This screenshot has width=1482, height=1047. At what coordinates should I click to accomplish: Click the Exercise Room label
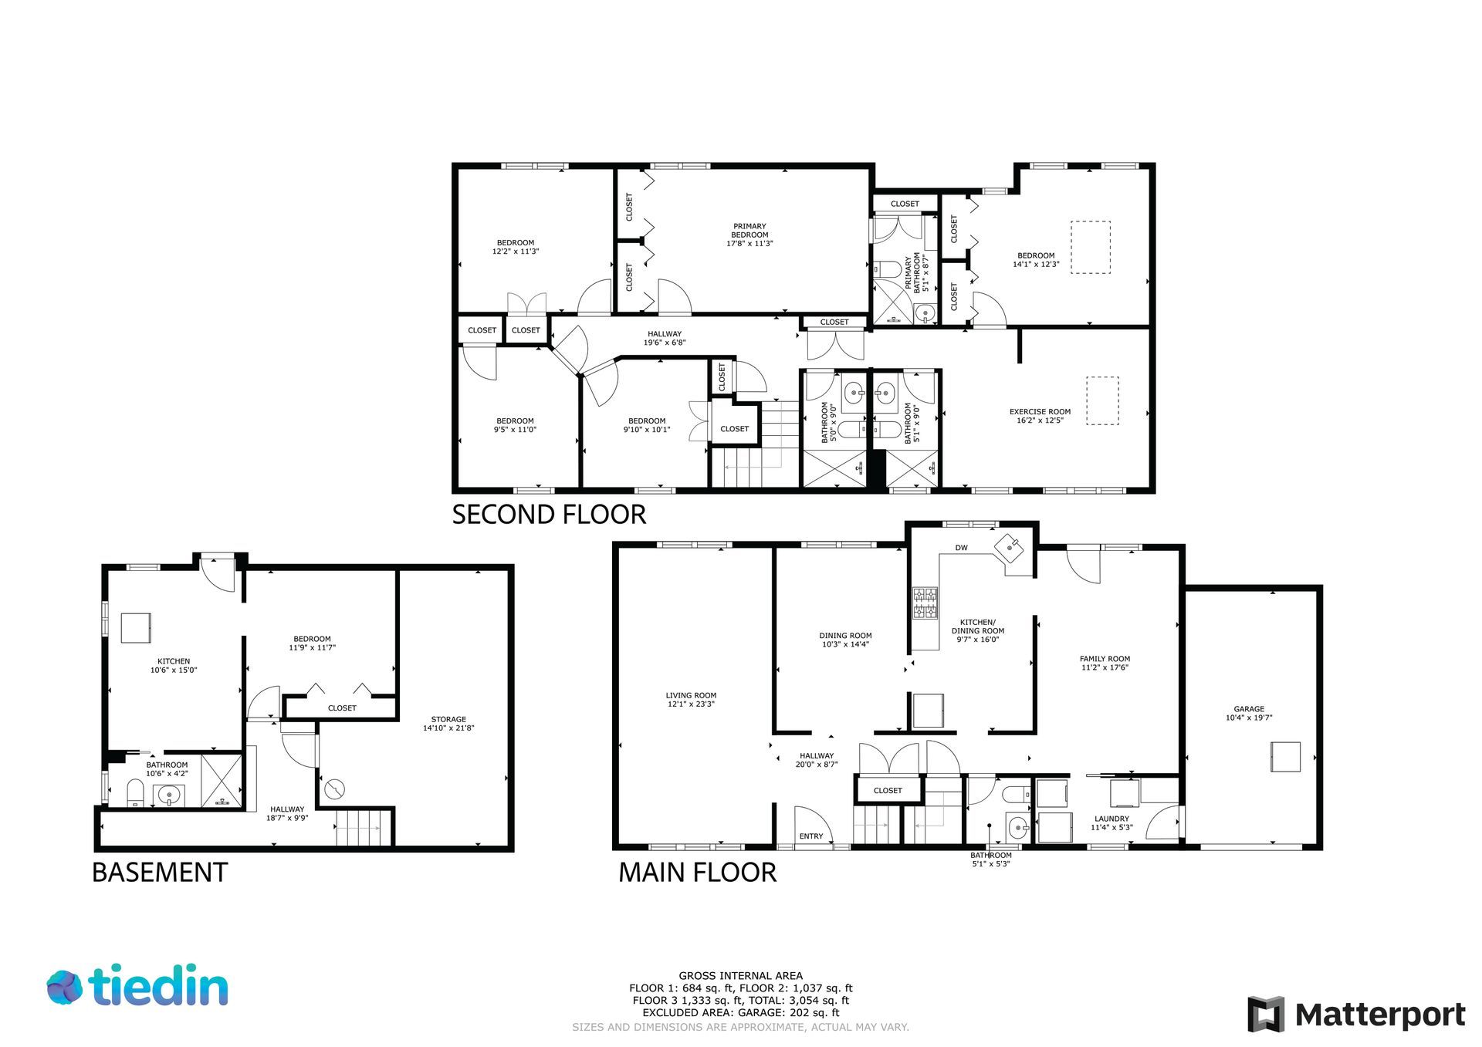(1040, 417)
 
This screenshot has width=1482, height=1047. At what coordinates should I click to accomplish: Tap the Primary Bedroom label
(749, 235)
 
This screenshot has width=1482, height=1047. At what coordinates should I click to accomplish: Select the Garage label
(1249, 713)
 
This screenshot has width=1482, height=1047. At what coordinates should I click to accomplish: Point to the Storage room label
(448, 724)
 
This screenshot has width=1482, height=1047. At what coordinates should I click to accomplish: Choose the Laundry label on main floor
(1111, 823)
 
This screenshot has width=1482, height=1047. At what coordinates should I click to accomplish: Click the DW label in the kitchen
(961, 548)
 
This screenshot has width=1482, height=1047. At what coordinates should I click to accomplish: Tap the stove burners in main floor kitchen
(925, 603)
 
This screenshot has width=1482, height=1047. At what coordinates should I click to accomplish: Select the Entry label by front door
(811, 836)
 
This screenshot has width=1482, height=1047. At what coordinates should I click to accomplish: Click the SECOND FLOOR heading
(549, 515)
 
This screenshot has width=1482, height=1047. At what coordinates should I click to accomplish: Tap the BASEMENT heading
(160, 873)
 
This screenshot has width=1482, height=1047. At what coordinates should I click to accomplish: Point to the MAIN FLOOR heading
(697, 873)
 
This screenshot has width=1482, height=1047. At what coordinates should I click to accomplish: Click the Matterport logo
(1356, 1015)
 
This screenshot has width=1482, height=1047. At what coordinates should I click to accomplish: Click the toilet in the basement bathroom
(136, 792)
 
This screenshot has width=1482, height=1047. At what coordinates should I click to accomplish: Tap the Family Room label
(1105, 664)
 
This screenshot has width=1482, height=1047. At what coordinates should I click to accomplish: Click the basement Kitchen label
(174, 666)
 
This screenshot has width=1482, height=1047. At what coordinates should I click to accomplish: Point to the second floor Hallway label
(665, 338)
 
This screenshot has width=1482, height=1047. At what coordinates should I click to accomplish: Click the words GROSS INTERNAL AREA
(740, 976)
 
